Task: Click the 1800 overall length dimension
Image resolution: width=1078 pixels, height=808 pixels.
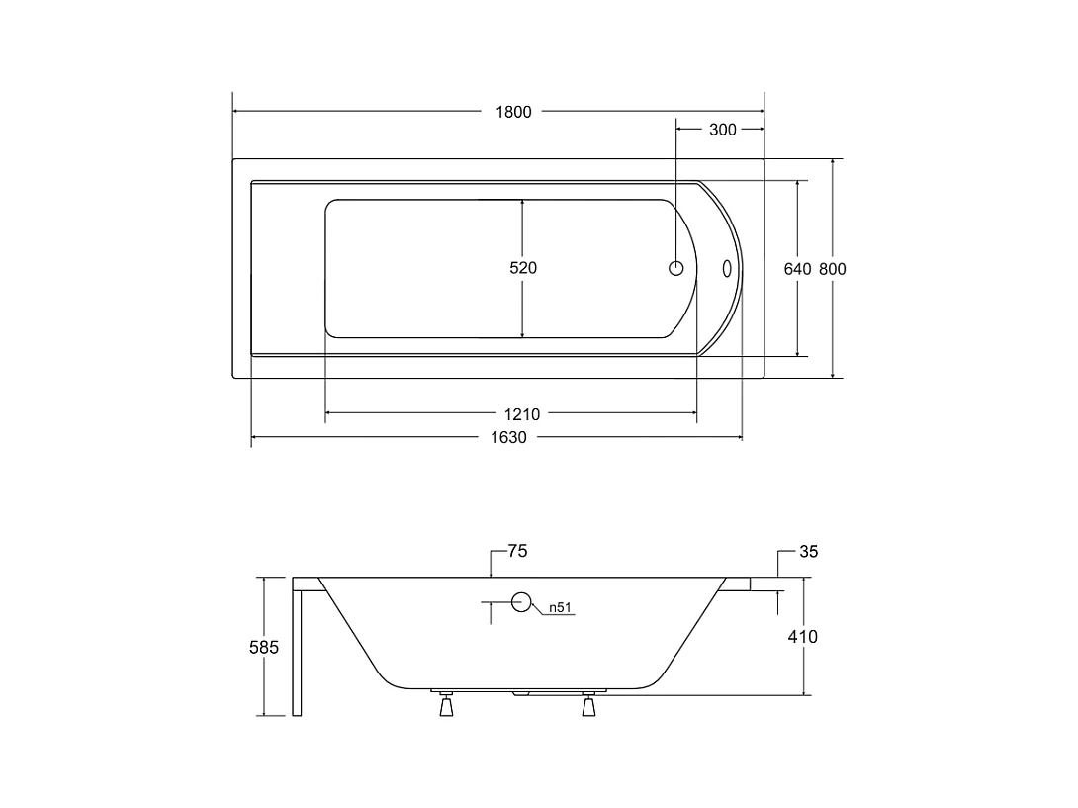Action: (513, 112)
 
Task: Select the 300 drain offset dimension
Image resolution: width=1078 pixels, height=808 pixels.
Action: (723, 130)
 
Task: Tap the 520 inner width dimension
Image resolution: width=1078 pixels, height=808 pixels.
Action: (523, 267)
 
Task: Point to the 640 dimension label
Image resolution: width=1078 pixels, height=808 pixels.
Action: (797, 269)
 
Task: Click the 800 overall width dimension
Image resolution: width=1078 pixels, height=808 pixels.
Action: (833, 269)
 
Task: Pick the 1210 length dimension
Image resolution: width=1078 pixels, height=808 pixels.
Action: (522, 414)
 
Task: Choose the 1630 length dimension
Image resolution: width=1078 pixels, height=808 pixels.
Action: (508, 437)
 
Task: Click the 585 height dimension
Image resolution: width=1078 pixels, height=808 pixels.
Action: (264, 647)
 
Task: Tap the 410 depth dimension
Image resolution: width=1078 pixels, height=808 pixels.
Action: (802, 637)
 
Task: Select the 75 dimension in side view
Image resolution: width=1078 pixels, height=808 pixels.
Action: (517, 551)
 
